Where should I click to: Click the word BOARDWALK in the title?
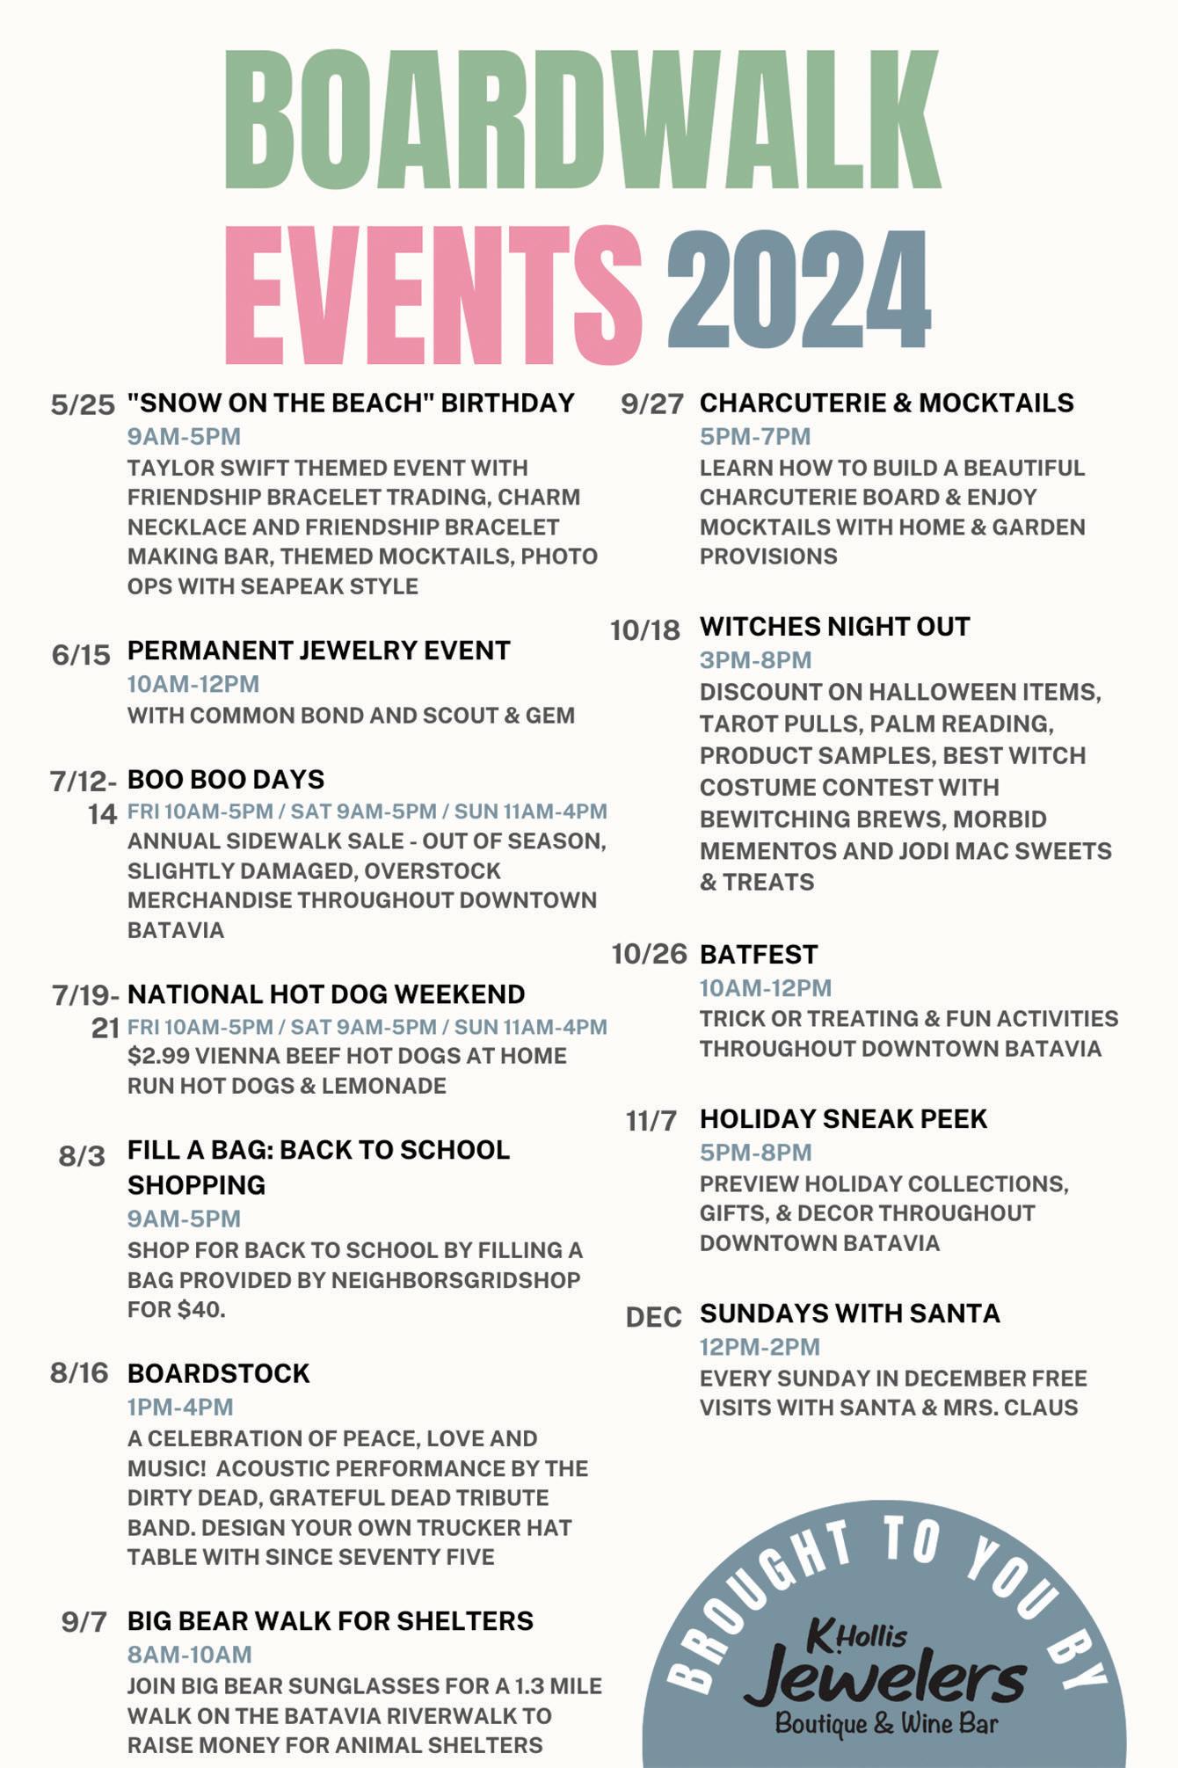tap(582, 120)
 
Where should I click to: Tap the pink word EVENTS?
tap(433, 295)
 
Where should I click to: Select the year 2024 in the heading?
tap(798, 290)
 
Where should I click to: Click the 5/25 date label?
tap(83, 405)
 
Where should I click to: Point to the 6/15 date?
tap(81, 655)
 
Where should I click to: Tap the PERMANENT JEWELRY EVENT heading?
tap(318, 651)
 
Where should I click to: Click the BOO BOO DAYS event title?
tap(226, 780)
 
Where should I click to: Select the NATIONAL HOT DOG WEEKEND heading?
tap(326, 994)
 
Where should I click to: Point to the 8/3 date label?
tap(82, 1156)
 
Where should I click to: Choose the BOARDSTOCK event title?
tap(219, 1373)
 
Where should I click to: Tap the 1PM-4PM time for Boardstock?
tap(180, 1407)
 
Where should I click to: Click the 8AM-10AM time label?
tap(190, 1655)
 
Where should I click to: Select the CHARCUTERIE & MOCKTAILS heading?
tap(886, 403)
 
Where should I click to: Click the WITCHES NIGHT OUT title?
tap(834, 627)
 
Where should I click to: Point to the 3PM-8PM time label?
tap(755, 660)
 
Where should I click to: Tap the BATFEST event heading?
tap(759, 955)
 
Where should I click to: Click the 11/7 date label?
tap(651, 1121)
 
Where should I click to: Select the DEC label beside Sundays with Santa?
tap(653, 1317)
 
